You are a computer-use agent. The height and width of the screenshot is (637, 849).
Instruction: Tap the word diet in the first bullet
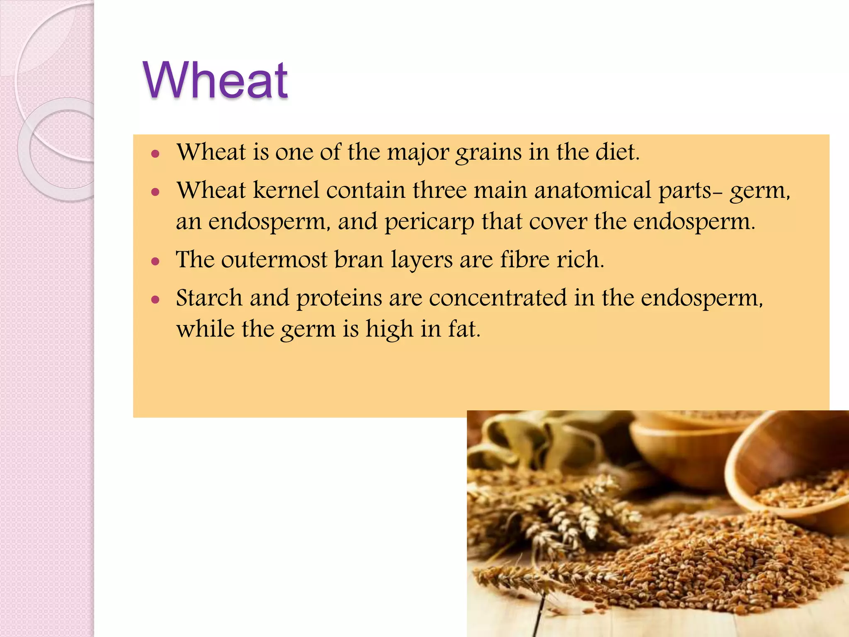(617, 152)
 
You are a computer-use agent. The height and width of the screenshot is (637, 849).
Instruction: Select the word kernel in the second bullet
(286, 190)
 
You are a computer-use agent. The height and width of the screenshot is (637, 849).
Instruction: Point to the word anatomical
(593, 190)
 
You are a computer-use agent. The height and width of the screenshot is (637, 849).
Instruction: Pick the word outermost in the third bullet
(274, 260)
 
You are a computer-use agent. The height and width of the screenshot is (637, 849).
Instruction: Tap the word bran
(359, 260)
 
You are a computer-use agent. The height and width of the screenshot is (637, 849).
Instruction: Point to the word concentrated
(497, 298)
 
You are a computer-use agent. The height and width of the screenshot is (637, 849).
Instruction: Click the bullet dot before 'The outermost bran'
(155, 262)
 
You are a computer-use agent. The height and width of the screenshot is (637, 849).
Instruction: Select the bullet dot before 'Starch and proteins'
(155, 300)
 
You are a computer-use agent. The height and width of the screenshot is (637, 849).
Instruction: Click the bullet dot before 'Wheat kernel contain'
(155, 192)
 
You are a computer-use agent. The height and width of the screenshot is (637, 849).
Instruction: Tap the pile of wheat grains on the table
(705, 564)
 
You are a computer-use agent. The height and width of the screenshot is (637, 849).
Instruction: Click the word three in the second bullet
(439, 190)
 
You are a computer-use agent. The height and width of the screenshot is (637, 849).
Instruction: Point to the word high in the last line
(389, 330)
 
